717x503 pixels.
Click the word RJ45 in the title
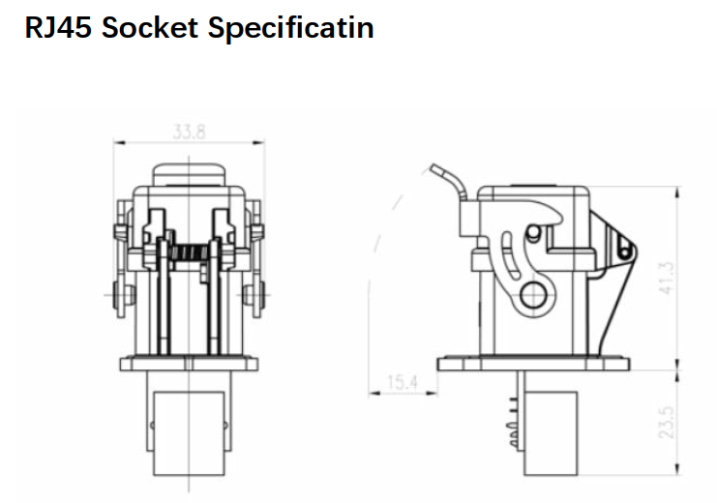58,27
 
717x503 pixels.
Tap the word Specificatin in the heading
291,28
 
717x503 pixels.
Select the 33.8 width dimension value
189,132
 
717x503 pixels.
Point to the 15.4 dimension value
403,382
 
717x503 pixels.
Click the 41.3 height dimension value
667,278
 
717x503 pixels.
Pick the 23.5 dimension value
667,422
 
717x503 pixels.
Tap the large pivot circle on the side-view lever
533,295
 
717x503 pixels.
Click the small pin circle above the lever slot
532,231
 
